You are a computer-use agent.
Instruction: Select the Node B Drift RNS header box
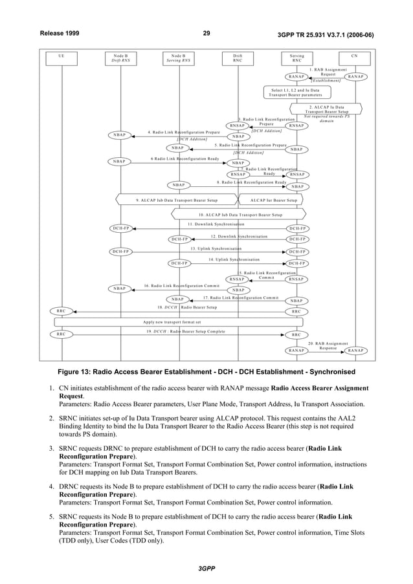[120, 58]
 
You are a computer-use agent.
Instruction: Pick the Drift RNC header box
[238, 58]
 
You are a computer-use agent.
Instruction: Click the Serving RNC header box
[296, 58]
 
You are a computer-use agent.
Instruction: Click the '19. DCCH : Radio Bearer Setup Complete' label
[184, 331]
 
